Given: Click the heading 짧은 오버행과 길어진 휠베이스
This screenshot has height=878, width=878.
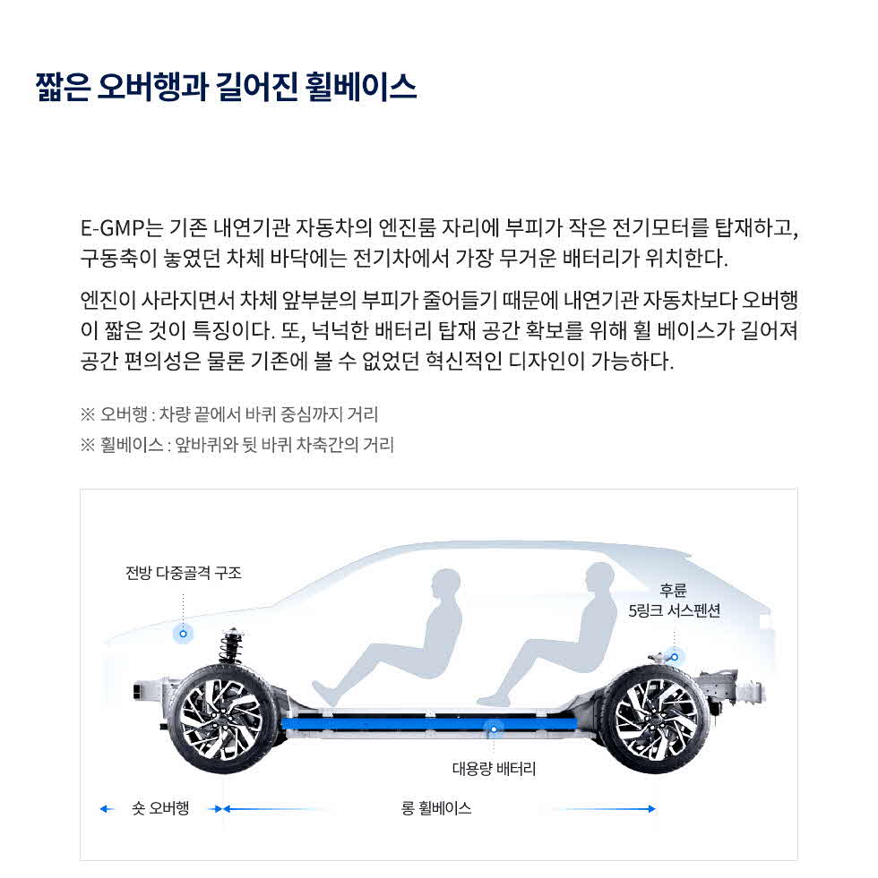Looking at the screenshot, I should pos(226,88).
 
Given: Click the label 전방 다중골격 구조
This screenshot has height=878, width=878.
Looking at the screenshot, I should pos(184,573).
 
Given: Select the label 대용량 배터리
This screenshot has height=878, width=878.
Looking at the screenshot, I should pos(494,768).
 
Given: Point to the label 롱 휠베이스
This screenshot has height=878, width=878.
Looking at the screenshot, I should pos(436,808).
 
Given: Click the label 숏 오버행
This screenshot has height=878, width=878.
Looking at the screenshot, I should pos(160,809).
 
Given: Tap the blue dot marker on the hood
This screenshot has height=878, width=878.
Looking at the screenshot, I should pos(183,634).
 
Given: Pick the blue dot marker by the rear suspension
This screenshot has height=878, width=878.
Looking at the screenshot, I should pos(675,656).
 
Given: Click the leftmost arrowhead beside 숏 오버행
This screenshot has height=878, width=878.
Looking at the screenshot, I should pos(104,809).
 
